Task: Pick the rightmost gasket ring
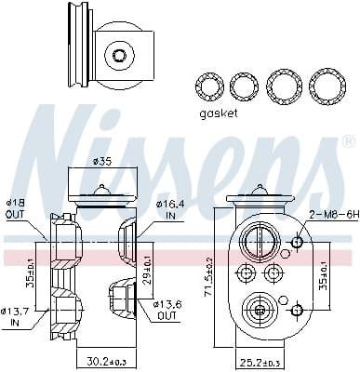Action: (326, 86)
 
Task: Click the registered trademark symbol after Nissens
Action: (348, 142)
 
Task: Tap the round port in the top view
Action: (118, 56)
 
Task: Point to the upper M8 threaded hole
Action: (297, 244)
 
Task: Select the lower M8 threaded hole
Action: (297, 309)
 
